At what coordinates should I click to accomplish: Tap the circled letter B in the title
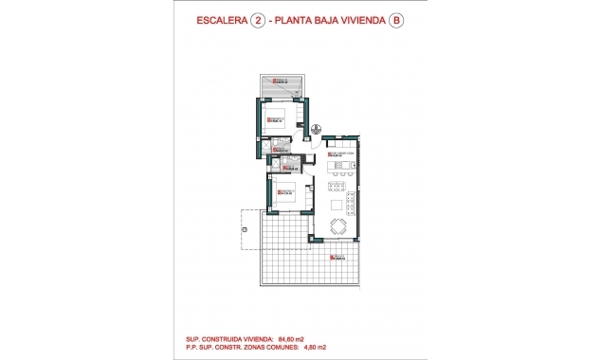point(394,26)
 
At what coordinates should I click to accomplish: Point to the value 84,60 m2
point(290,337)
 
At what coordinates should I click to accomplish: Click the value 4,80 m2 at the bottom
point(288,346)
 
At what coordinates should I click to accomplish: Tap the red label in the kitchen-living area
point(337,153)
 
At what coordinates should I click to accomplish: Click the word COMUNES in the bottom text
point(257,346)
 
